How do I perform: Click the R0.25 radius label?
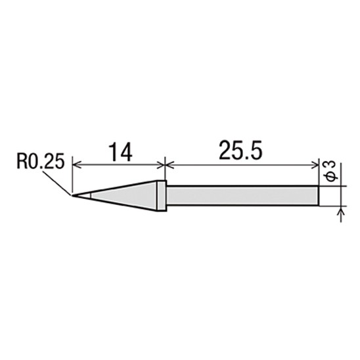[x=41, y=162]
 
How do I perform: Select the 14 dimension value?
[x=120, y=152]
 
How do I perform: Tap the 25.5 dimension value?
[x=240, y=150]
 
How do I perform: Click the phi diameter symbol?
[x=330, y=177]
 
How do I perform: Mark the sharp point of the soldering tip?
[x=72, y=196]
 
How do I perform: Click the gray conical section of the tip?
[x=124, y=196]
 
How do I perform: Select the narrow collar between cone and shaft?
[x=162, y=196]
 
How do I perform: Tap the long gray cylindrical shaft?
[x=242, y=195]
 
